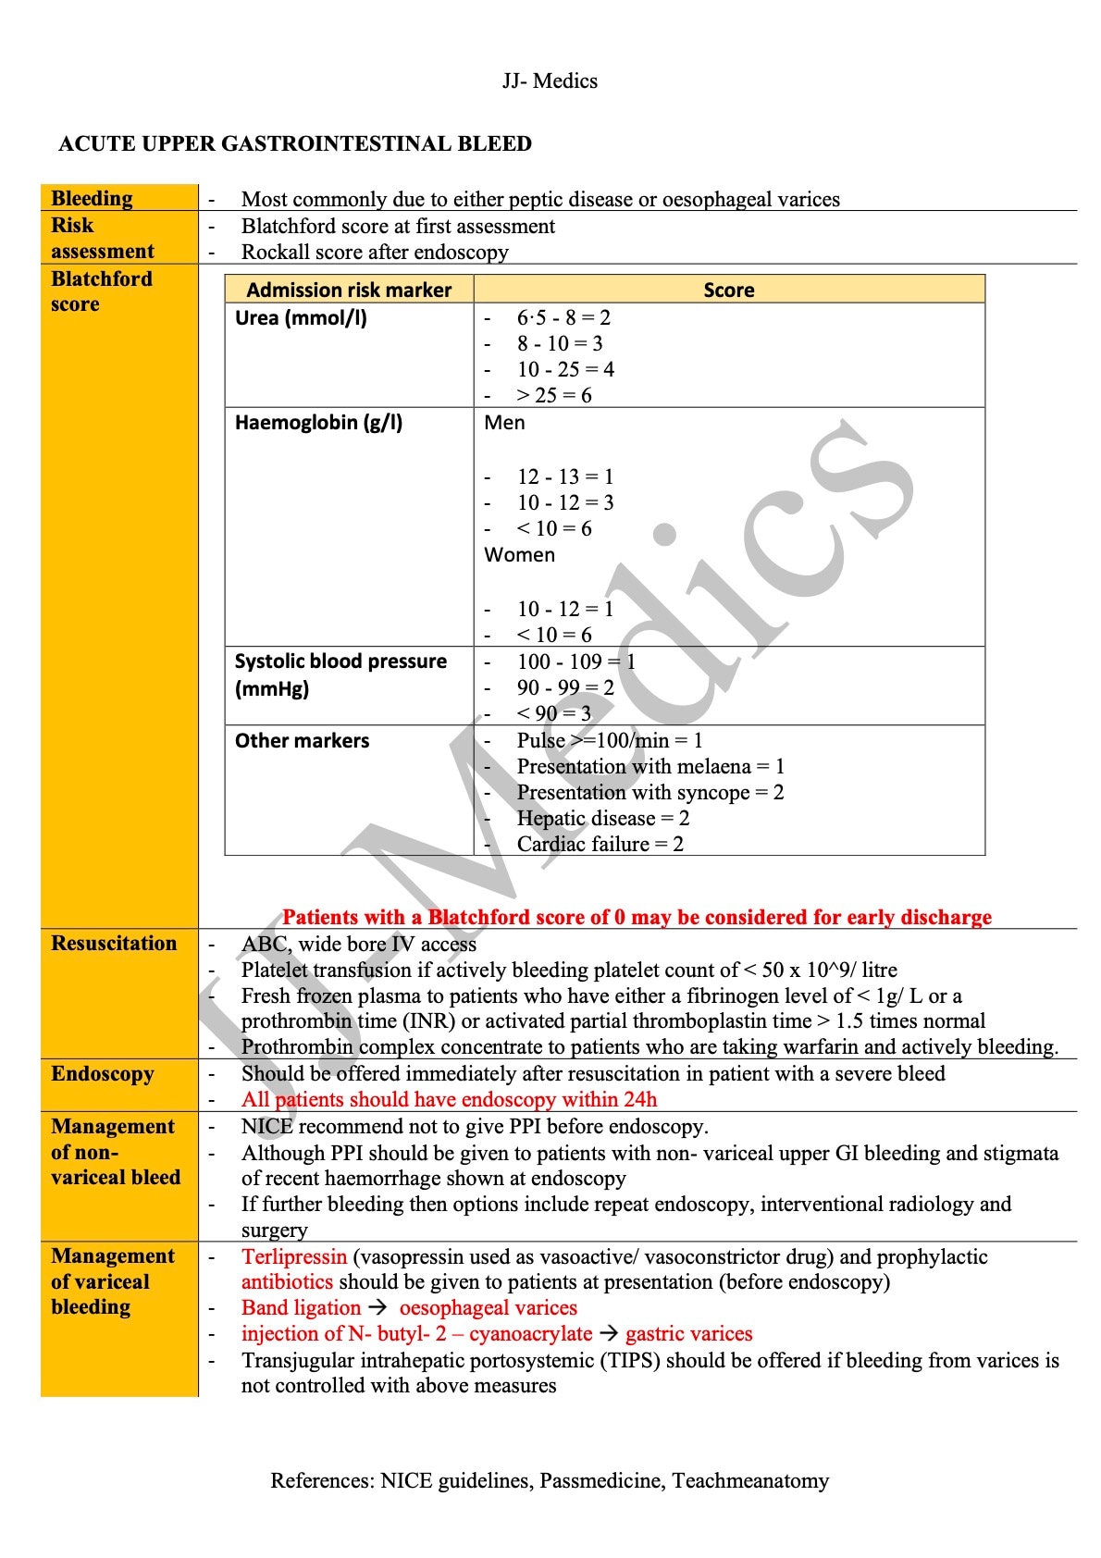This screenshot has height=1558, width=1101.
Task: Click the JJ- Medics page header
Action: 550,81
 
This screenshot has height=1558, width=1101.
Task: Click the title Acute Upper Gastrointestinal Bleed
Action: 295,144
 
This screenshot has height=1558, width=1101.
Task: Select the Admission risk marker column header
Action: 349,290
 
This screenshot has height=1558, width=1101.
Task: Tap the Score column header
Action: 728,290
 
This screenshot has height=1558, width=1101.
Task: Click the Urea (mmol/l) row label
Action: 301,318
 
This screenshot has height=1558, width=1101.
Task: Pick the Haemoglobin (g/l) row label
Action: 318,423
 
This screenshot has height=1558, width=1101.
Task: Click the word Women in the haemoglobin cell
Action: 519,555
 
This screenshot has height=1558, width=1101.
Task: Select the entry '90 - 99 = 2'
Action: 564,687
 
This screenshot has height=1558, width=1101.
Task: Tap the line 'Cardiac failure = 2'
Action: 600,844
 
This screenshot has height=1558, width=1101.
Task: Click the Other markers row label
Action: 302,741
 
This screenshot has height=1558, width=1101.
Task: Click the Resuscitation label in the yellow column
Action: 114,944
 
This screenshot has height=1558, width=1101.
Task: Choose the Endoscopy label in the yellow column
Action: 103,1074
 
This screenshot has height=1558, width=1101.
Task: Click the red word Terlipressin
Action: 294,1257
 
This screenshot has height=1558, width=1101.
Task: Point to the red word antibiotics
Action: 287,1282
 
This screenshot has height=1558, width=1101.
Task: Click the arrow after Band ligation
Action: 377,1308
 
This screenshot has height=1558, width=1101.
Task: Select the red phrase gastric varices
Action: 688,1334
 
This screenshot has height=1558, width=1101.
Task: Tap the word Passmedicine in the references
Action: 600,1480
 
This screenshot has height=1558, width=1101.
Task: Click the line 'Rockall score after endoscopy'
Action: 375,253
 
